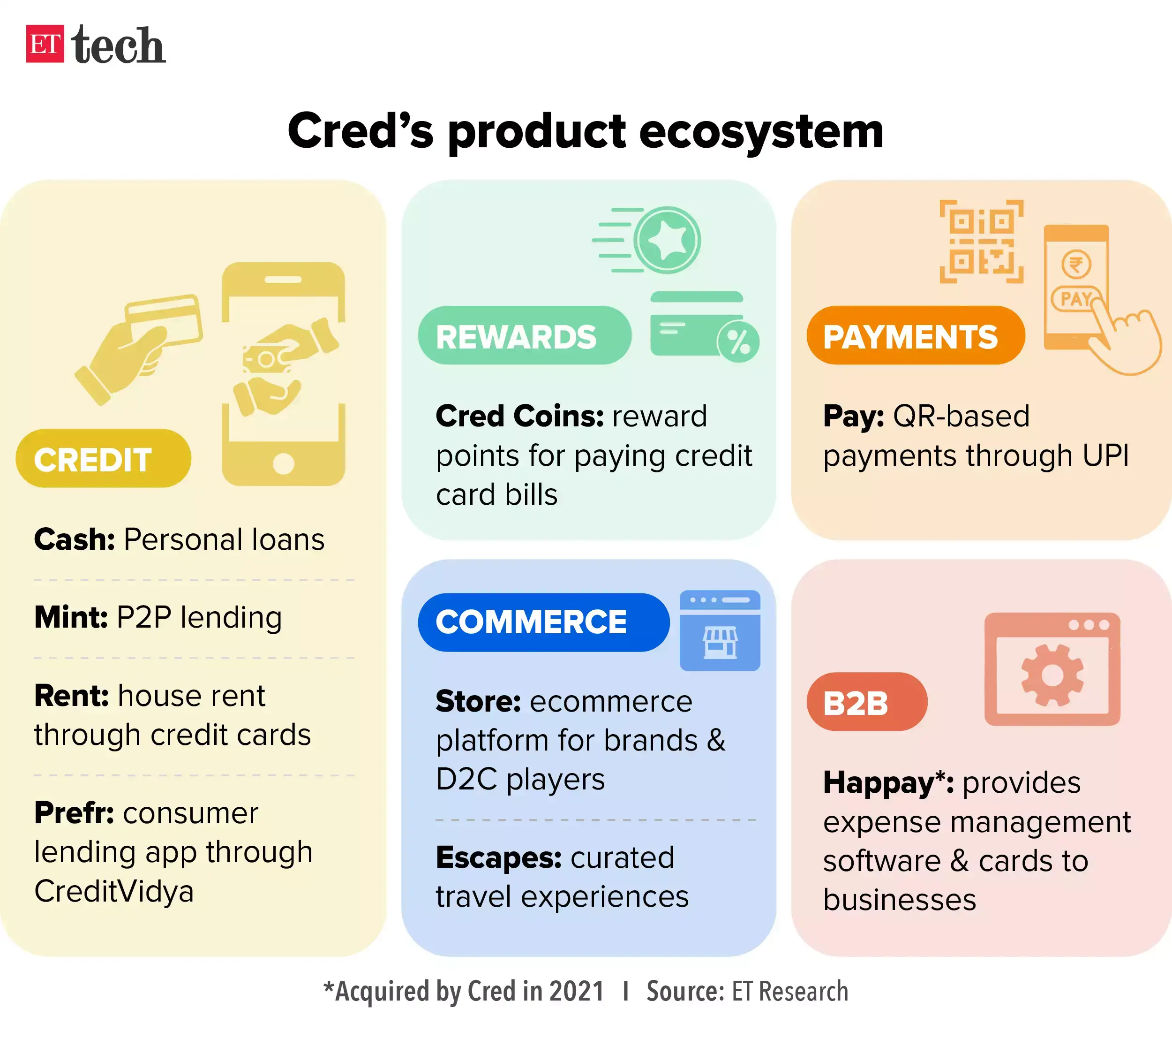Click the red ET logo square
[x=45, y=44]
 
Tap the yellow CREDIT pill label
[x=103, y=459]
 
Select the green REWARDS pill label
[x=524, y=336]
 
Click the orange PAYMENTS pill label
[x=915, y=336]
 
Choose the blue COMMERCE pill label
[x=543, y=622]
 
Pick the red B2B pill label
[x=866, y=702]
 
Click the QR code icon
[x=981, y=242]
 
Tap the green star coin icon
[x=667, y=240]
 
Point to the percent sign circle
[x=738, y=342]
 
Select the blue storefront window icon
[x=720, y=630]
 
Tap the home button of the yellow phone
[x=283, y=463]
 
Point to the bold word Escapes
[x=498, y=858]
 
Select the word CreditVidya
[x=114, y=891]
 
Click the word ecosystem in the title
[x=760, y=132]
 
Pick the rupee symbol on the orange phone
[x=1076, y=265]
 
